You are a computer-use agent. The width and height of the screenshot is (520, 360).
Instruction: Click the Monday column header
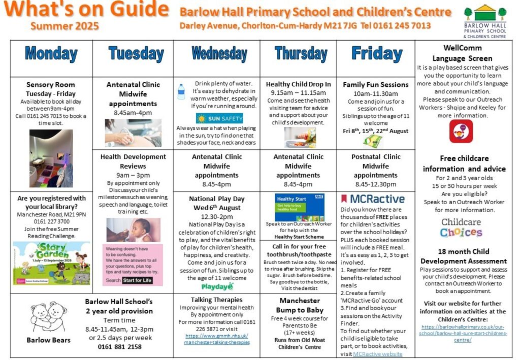click(x=51, y=53)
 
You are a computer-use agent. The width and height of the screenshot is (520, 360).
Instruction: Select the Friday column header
click(x=376, y=53)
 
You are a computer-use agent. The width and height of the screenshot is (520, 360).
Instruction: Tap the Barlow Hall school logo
click(x=484, y=22)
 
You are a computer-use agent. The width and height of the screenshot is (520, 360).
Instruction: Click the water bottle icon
click(x=181, y=92)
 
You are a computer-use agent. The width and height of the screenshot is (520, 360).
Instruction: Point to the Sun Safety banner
click(x=219, y=118)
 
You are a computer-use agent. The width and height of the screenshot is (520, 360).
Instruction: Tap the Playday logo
click(x=217, y=286)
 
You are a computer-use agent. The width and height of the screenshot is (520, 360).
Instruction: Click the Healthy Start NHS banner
click(x=299, y=207)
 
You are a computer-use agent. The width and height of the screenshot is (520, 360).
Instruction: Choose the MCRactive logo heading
click(x=373, y=199)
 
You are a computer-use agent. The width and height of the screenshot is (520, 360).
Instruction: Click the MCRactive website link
click(x=377, y=354)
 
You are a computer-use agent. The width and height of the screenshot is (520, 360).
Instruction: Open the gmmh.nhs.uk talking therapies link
click(x=217, y=339)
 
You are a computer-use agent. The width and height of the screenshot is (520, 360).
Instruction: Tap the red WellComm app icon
click(x=461, y=131)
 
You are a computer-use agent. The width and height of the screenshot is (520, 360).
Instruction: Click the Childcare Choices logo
click(x=461, y=227)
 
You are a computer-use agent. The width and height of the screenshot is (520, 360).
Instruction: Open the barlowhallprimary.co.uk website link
click(x=464, y=333)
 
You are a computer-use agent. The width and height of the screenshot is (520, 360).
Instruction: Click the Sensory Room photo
click(x=51, y=158)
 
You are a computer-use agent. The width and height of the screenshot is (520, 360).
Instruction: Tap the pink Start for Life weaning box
click(x=133, y=265)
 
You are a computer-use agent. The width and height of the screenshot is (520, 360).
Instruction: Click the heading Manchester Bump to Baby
click(x=300, y=305)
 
